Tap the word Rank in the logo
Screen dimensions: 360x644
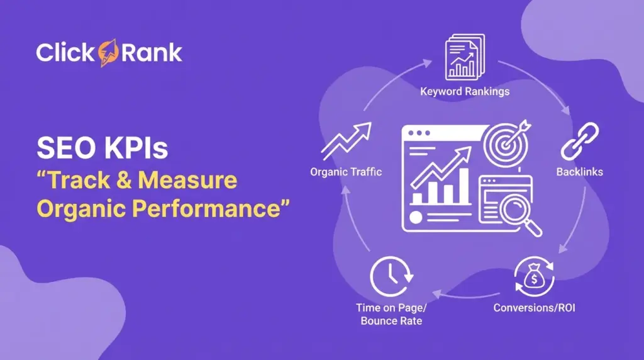pos(149,53)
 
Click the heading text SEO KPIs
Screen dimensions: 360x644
pos(102,149)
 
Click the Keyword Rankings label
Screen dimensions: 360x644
pos(465,91)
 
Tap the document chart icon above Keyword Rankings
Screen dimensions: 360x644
pos(465,58)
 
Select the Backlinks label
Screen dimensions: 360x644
pos(579,172)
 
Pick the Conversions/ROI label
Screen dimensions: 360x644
pos(534,308)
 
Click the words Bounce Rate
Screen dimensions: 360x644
pos(391,321)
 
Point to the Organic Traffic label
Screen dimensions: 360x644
pos(346,172)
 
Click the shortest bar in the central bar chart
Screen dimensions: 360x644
pos(417,198)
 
